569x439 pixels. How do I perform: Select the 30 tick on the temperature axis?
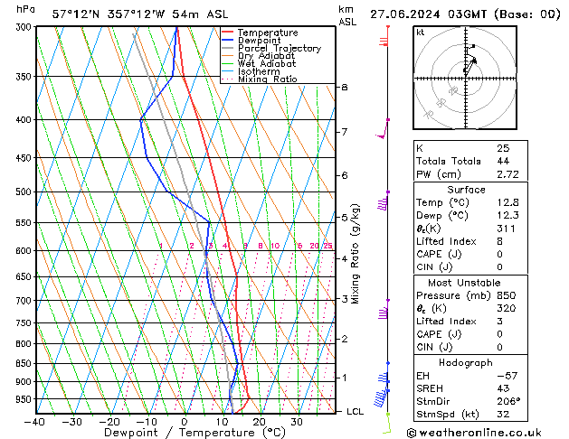tap(297, 422)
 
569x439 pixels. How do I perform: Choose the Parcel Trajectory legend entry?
tap(279, 49)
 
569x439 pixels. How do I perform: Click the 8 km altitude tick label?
tap(344, 87)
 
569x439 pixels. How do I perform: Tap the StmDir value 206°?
tap(508, 401)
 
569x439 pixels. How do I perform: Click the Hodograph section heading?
tap(465, 362)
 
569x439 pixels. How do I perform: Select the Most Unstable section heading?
tap(465, 282)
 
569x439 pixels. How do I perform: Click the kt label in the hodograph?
tap(420, 33)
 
